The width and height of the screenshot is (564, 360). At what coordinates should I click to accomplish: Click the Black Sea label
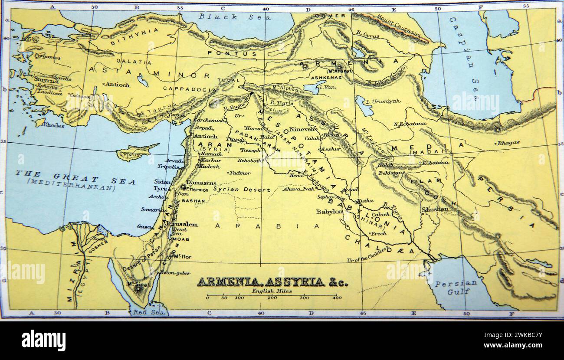coord(235,17)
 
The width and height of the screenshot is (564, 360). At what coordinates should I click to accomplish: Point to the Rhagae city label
coord(509,143)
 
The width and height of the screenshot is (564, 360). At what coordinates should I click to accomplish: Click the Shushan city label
coord(435,209)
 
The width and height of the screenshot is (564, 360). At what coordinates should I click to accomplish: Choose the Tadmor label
coord(240,173)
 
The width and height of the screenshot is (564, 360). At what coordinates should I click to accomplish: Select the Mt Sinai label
coord(136,284)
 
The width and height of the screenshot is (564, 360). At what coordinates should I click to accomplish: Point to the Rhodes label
coord(53,125)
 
